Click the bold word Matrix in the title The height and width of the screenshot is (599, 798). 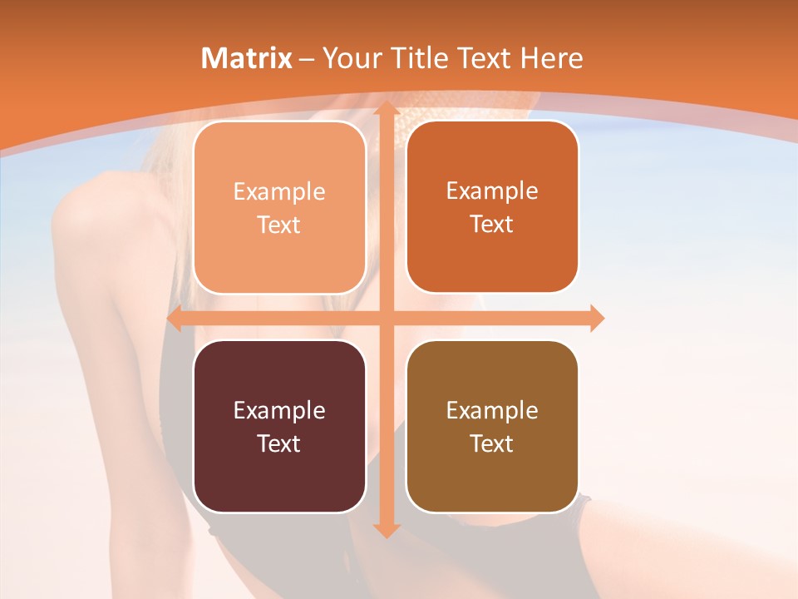pyautogui.click(x=247, y=58)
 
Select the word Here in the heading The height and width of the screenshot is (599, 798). pyautogui.click(x=553, y=58)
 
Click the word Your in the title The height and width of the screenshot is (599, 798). pyautogui.click(x=348, y=58)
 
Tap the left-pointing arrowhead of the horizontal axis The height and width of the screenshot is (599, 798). pyautogui.click(x=175, y=318)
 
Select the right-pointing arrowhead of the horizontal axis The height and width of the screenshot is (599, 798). pyautogui.click(x=596, y=318)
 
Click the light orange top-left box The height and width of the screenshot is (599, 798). pyautogui.click(x=279, y=207)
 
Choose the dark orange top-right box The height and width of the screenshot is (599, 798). pyautogui.click(x=492, y=207)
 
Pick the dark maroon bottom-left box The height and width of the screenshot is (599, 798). pyautogui.click(x=279, y=426)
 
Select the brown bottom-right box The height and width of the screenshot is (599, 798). pyautogui.click(x=492, y=426)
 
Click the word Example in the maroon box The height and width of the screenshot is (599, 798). pyautogui.click(x=279, y=410)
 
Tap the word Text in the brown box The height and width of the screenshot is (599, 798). pyautogui.click(x=492, y=443)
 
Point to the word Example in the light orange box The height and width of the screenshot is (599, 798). pyautogui.click(x=279, y=191)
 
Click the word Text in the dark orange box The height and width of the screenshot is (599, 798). pyautogui.click(x=492, y=225)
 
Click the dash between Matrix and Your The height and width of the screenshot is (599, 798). pyautogui.click(x=307, y=59)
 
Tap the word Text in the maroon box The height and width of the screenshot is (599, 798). pyautogui.click(x=279, y=443)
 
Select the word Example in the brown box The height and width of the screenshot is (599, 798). pyautogui.click(x=492, y=410)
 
